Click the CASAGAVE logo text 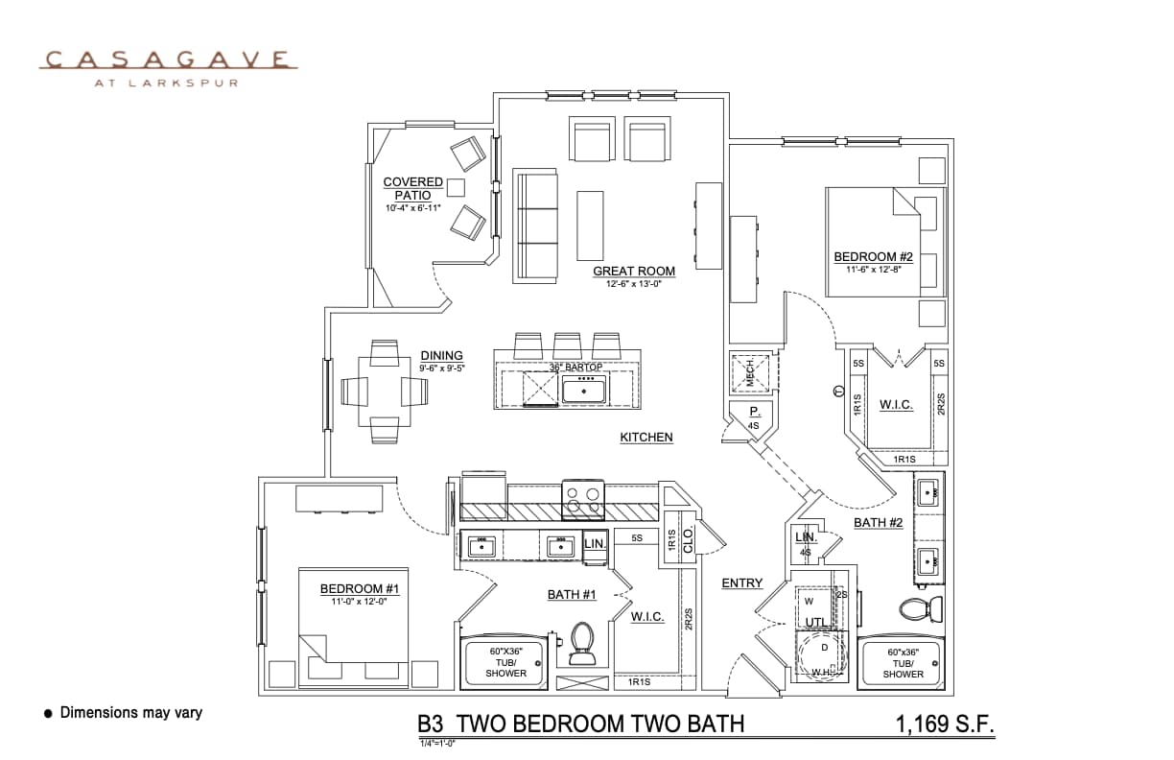tap(168, 60)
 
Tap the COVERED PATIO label tap(412, 188)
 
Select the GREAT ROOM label tap(633, 272)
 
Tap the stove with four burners tap(582, 498)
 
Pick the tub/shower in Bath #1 tap(505, 661)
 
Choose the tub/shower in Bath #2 tap(903, 661)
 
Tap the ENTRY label tap(741, 583)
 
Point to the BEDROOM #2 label tap(872, 256)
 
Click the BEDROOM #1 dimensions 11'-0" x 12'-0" tap(359, 602)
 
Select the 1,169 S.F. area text tap(944, 724)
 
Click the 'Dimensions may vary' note tap(130, 713)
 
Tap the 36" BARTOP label tap(575, 368)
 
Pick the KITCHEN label tap(646, 438)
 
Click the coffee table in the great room tap(590, 226)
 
